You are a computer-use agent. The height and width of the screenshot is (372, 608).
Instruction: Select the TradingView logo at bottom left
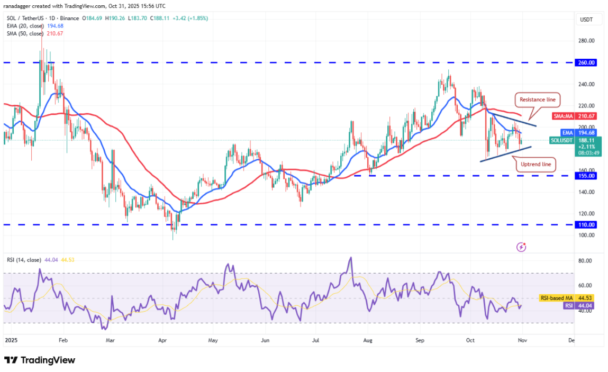(x=40, y=360)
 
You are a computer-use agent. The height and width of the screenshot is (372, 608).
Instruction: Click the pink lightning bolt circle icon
(x=521, y=247)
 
